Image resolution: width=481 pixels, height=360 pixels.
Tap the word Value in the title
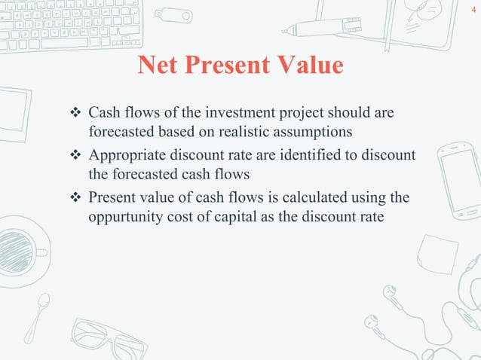tap(309, 66)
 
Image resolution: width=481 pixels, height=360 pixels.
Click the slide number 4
tap(472, 10)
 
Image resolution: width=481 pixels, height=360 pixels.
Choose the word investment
tap(240, 113)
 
